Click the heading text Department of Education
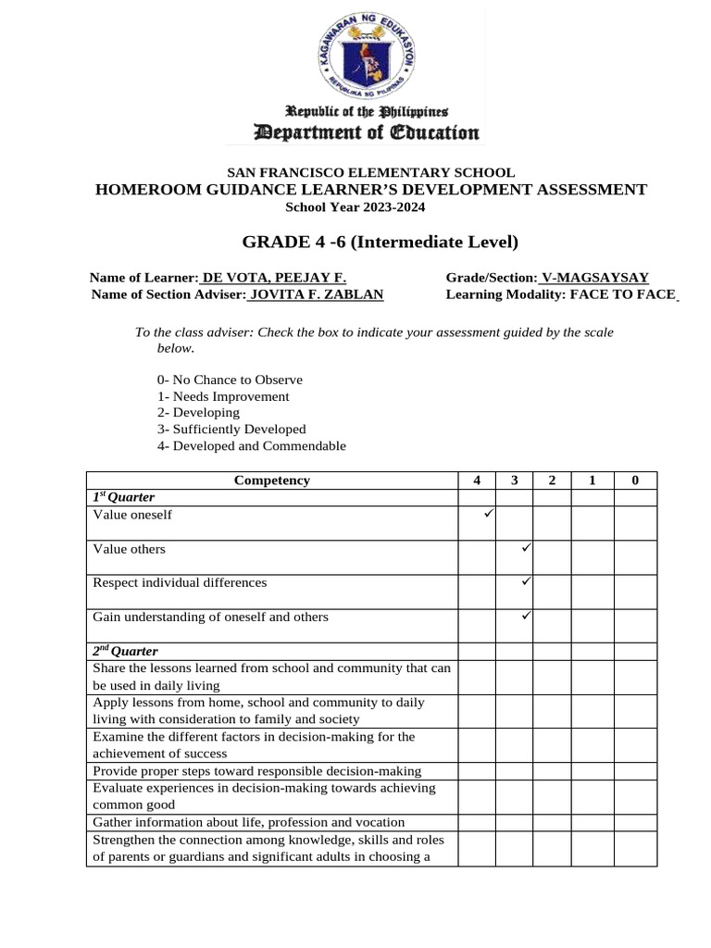tap(355, 132)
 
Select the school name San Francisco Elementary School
tap(371, 172)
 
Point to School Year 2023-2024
tap(355, 207)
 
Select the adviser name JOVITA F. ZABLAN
tap(316, 294)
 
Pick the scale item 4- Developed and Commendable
tap(252, 446)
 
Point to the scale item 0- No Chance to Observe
tap(230, 380)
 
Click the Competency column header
tap(272, 480)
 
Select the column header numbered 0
tap(634, 480)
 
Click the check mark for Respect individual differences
tap(524, 582)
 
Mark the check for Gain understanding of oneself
tap(524, 616)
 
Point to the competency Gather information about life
tap(248, 822)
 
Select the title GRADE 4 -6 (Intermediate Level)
tap(380, 243)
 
